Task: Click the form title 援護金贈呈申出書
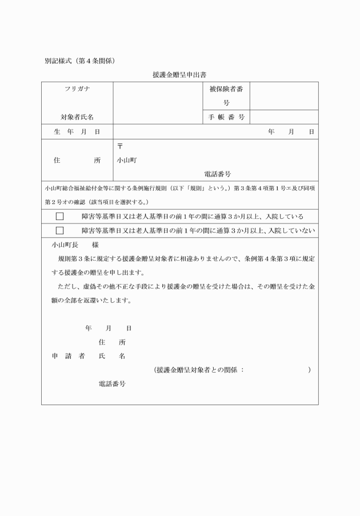pyautogui.click(x=179, y=74)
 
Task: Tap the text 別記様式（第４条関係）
pyautogui.click(x=80, y=59)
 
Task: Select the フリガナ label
pyautogui.click(x=77, y=89)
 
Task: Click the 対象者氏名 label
pyautogui.click(x=77, y=117)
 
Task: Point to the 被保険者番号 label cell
pyautogui.click(x=226, y=96)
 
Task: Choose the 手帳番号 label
pyautogui.click(x=226, y=117)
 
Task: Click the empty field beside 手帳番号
pyautogui.click(x=284, y=117)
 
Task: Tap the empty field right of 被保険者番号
pyautogui.click(x=284, y=96)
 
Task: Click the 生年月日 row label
pyautogui.click(x=77, y=132)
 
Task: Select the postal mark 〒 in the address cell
pyautogui.click(x=119, y=146)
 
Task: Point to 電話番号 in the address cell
pyautogui.click(x=217, y=174)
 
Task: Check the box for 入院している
pyautogui.click(x=59, y=217)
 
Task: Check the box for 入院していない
pyautogui.click(x=59, y=230)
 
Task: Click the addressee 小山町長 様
pyautogui.click(x=75, y=245)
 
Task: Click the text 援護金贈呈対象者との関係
pyautogui.click(x=197, y=370)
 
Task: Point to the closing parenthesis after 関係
pyautogui.click(x=309, y=370)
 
